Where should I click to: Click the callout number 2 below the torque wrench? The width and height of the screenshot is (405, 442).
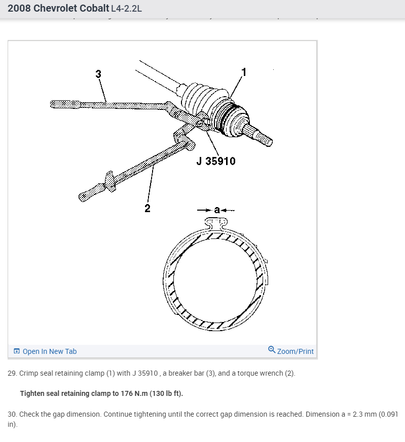pos(148,208)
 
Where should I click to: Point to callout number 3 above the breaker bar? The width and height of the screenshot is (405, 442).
pos(98,74)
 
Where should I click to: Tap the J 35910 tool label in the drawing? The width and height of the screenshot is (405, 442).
pos(216,162)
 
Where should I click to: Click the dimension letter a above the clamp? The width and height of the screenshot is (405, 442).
pos(216,209)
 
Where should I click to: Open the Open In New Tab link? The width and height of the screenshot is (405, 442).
pos(50,351)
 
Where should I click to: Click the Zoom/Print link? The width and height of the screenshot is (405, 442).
pos(296,351)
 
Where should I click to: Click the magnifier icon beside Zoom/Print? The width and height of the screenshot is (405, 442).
pos(272,350)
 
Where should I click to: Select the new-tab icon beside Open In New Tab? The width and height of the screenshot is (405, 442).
pos(17,351)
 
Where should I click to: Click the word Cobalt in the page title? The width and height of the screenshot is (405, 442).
pos(93,9)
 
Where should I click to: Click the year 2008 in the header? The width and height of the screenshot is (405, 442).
pos(19,9)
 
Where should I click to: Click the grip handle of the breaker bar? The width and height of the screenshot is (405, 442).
pos(65,104)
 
